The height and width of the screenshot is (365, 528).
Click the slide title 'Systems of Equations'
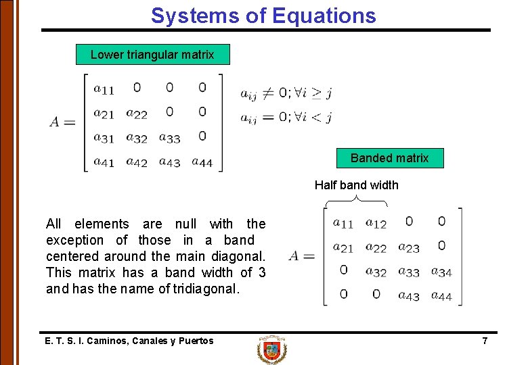pos(263,15)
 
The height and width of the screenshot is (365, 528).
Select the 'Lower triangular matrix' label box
pos(152,55)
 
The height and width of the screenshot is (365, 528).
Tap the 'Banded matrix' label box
pos(389,158)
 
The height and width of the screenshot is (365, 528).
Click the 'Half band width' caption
pos(357,185)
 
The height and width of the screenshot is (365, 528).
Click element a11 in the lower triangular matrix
pos(104,89)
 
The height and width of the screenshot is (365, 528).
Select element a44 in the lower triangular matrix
pos(202,162)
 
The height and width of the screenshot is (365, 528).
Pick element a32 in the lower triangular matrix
pos(137,139)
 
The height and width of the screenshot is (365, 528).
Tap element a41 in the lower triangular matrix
pos(104,162)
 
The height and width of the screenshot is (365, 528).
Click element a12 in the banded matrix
pos(376,222)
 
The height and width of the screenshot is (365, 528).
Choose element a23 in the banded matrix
pos(409,247)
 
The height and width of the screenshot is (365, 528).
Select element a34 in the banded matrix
pos(441,272)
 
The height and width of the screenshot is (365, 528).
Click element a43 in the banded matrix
pos(409,296)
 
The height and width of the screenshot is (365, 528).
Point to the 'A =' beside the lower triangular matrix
pos(62,122)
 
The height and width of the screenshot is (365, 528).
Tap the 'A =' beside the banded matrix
pos(302,256)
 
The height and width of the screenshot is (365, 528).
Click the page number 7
pos(485,341)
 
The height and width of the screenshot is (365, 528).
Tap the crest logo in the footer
pos(271,350)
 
